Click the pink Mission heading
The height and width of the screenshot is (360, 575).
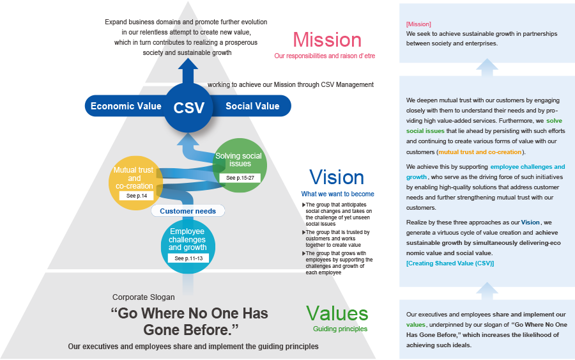pyautogui.click(x=326, y=40)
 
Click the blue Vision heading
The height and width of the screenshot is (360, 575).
pyautogui.click(x=336, y=177)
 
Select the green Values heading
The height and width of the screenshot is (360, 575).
pyautogui.click(x=337, y=313)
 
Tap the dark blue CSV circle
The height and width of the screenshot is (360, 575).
pyautogui.click(x=189, y=107)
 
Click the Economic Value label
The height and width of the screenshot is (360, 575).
pyautogui.click(x=121, y=106)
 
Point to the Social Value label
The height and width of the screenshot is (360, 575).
pyautogui.click(x=252, y=106)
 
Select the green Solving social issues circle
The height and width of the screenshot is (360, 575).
pyautogui.click(x=237, y=160)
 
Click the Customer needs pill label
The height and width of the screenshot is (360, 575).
pyautogui.click(x=188, y=211)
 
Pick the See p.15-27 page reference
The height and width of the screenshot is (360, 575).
pyautogui.click(x=239, y=178)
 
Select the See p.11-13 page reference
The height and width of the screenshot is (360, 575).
pyautogui.click(x=188, y=258)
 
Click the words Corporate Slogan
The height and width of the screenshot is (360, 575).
pyautogui.click(x=143, y=297)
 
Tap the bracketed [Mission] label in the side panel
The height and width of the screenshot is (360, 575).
pyautogui.click(x=418, y=24)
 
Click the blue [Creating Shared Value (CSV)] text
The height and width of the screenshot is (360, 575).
pyautogui.click(x=450, y=263)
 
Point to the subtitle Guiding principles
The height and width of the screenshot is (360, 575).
pyautogui.click(x=340, y=329)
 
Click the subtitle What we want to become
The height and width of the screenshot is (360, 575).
pyautogui.click(x=337, y=194)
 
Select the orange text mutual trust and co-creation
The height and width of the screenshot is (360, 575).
pyautogui.click(x=480, y=152)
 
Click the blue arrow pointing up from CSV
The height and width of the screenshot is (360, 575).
pyautogui.click(x=188, y=70)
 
